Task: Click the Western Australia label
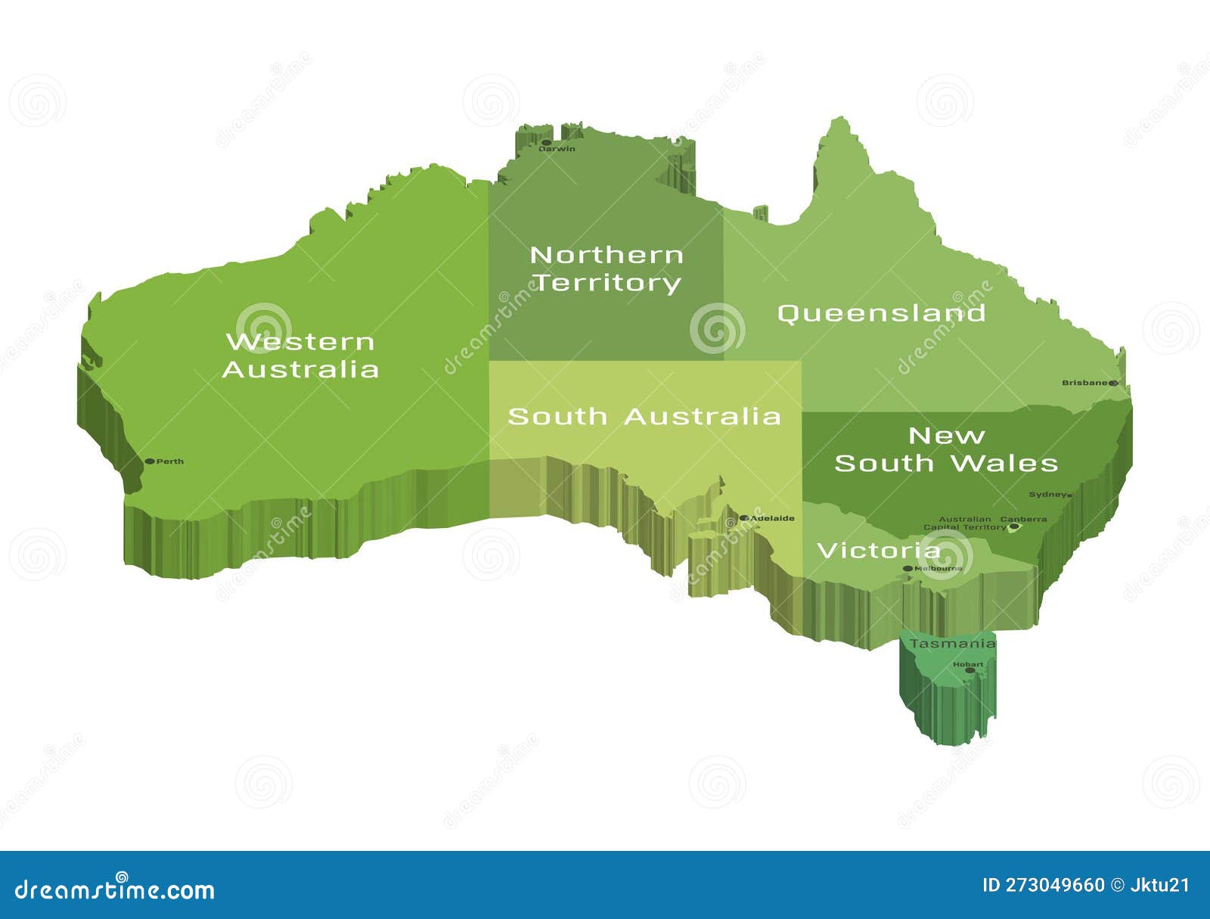pos(300,355)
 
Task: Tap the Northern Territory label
pos(607,269)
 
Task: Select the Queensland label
pos(881,312)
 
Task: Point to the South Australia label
pos(644,416)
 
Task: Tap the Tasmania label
pos(952,644)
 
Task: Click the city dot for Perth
pos(150,461)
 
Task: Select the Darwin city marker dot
pos(546,142)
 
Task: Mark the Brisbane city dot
pos(1113,383)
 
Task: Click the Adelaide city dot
pos(744,518)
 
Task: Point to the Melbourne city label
pos(939,568)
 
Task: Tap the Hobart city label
pos(968,664)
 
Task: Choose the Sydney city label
pos(1047,495)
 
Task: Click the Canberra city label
pos(1024,519)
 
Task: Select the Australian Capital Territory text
pos(964,523)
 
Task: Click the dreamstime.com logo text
pos(114,890)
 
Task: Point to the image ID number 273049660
pos(1054,885)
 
